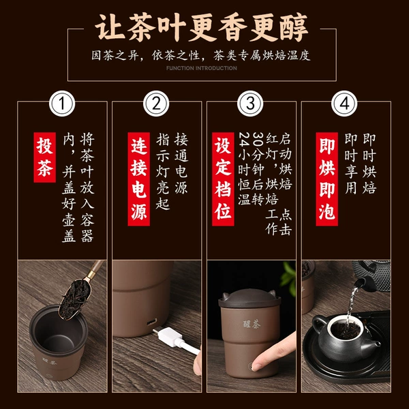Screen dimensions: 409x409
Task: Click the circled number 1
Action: [x=62, y=104]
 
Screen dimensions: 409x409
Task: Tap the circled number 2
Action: [x=156, y=104]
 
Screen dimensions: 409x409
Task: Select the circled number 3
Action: [x=250, y=104]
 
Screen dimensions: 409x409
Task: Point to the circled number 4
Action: [x=344, y=104]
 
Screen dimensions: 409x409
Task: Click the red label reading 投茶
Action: [x=44, y=157]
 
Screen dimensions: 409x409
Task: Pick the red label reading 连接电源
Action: [x=139, y=179]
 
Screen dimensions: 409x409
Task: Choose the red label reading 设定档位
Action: [x=223, y=179]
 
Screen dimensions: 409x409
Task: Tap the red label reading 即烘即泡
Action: [x=327, y=179]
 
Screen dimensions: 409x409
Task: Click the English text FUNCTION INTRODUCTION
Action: [x=202, y=68]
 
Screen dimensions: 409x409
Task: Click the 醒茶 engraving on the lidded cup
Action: [x=252, y=324]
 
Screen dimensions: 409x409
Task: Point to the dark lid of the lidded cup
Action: [x=249, y=298]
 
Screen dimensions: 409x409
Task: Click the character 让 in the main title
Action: [x=110, y=27]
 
